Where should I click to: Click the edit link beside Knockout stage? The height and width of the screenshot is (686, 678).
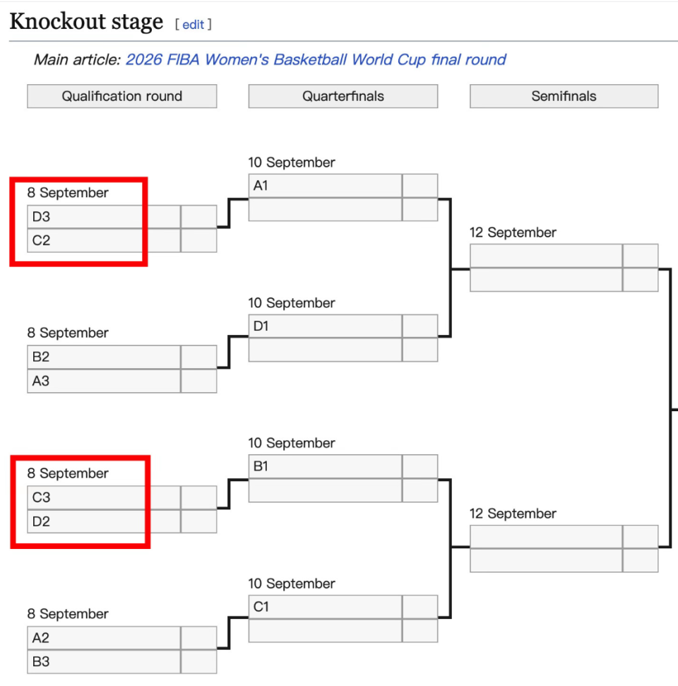click(x=193, y=25)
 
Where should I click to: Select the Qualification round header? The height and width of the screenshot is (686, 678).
click(x=122, y=96)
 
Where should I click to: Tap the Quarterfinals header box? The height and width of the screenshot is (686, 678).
click(x=343, y=96)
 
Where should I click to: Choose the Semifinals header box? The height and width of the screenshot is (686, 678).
click(x=564, y=96)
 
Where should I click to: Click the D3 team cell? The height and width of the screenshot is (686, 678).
click(x=104, y=217)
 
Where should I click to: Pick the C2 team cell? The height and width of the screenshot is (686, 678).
click(x=104, y=240)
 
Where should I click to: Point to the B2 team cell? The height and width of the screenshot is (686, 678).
click(x=104, y=357)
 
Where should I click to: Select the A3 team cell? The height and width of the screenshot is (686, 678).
click(x=104, y=381)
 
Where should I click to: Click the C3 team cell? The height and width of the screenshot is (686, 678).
click(x=104, y=497)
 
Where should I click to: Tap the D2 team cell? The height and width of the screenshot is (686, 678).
click(x=104, y=521)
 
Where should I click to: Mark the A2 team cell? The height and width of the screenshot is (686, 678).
click(x=104, y=638)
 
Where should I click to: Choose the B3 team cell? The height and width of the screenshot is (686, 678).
click(x=104, y=662)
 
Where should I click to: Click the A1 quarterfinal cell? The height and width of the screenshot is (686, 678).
click(x=325, y=186)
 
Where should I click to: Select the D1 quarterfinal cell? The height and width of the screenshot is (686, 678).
click(x=325, y=326)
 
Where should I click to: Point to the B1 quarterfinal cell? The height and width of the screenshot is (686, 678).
click(x=325, y=466)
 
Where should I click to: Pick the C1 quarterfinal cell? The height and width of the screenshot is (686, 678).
click(x=325, y=607)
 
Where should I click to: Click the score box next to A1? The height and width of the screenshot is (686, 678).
click(x=420, y=186)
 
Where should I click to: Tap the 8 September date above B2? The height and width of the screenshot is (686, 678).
click(x=68, y=333)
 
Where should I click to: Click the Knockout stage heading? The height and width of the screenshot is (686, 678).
click(x=87, y=21)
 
